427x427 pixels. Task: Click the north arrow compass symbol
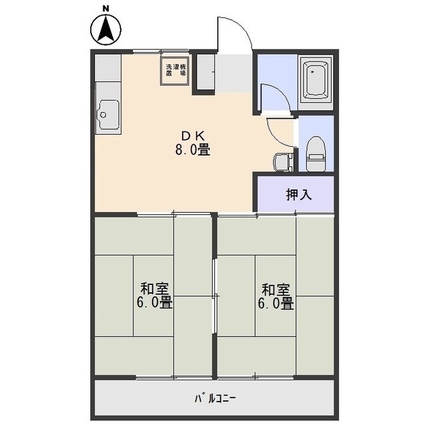click(105, 29)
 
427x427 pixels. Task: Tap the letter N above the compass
click(105, 8)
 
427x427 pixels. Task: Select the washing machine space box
click(177, 71)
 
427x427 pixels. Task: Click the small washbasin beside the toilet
click(281, 161)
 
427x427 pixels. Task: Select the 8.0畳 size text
click(193, 150)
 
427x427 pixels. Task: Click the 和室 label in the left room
click(154, 289)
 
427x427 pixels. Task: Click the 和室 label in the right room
click(275, 289)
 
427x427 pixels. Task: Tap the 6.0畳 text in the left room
click(154, 304)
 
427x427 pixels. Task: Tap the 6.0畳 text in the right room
click(275, 304)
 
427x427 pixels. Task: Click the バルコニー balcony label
click(215, 398)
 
